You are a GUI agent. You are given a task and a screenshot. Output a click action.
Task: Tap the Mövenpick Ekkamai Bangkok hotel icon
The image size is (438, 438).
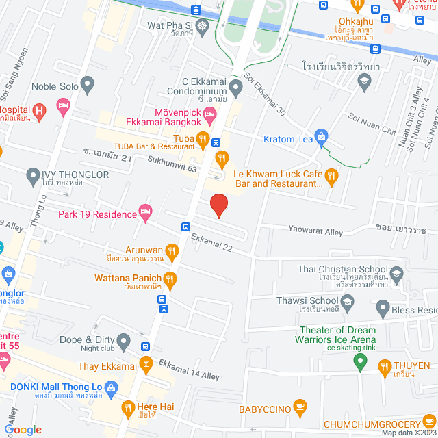point(210,113)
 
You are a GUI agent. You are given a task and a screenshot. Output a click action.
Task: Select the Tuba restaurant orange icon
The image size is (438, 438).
point(203,140)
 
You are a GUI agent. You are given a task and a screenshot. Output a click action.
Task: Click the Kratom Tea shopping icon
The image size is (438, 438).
point(320,139)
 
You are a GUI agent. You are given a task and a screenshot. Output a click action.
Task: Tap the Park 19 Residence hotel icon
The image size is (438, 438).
point(145,213)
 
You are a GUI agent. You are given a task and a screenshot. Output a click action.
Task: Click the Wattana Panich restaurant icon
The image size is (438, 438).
point(170,279)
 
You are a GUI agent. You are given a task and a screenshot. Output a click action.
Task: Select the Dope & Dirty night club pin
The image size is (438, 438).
point(124,340)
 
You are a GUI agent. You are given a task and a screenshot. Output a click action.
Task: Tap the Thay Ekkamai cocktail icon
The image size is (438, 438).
point(146,365)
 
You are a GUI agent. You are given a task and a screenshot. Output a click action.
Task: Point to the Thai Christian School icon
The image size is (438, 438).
point(396,274)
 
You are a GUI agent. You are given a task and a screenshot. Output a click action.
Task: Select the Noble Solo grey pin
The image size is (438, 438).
point(87,85)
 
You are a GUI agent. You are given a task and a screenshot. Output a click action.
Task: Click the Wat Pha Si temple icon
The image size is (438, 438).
point(202,26)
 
